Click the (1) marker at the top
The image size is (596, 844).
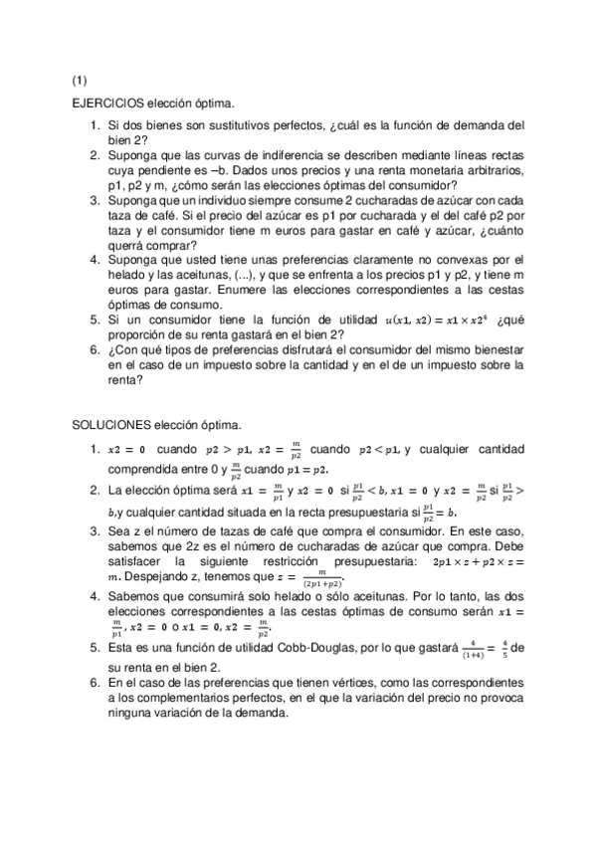(80, 80)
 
